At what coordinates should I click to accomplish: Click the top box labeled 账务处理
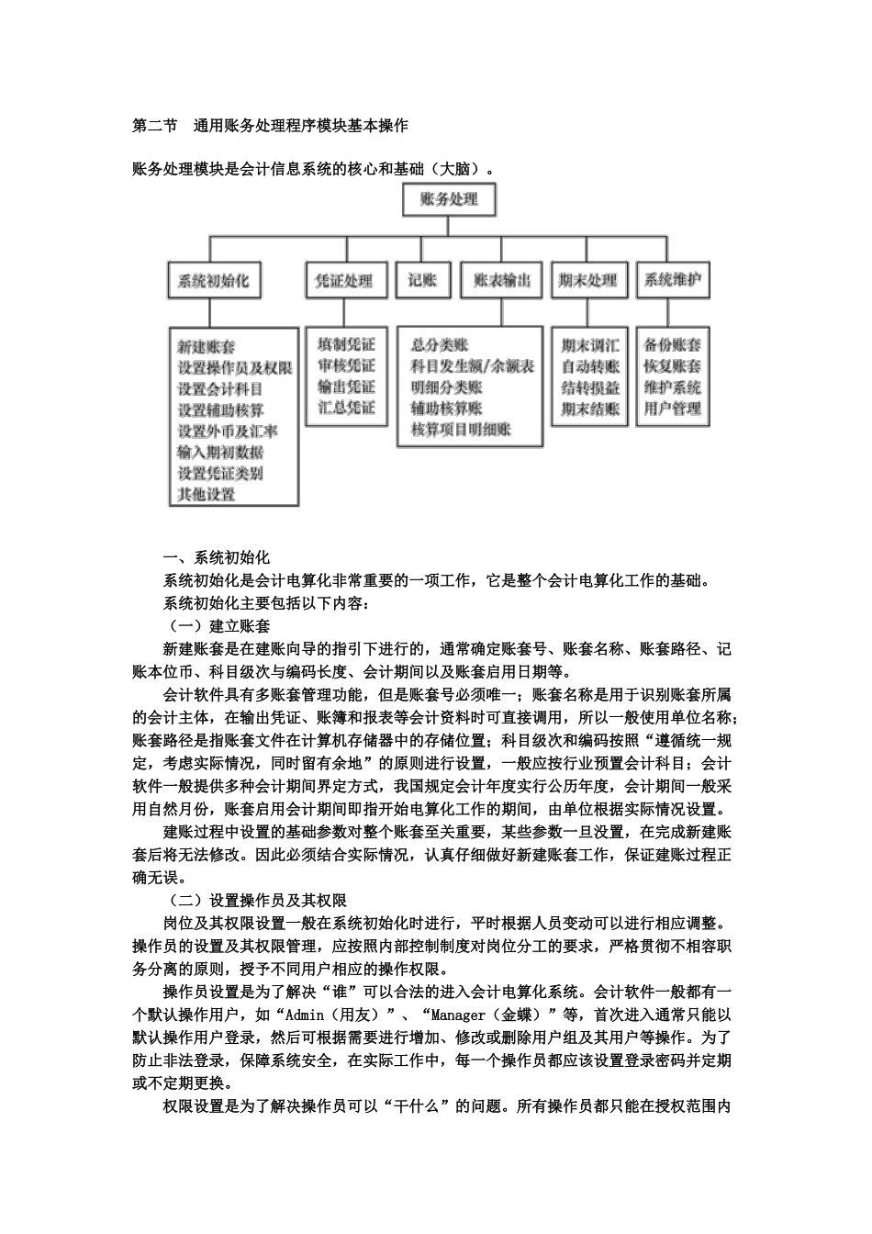coord(449,199)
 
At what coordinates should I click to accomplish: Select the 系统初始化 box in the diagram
coord(213,280)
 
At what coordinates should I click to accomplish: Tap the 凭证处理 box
coord(344,280)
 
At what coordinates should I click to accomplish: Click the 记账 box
coord(422,280)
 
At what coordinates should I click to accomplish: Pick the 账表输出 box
coord(501,280)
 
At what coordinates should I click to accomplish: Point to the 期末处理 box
coord(587,280)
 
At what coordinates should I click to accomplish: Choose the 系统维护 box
coord(673,280)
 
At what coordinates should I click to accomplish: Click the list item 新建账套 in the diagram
coord(206,347)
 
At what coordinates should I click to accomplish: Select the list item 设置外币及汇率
coord(227,431)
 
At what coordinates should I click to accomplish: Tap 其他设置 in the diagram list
coord(206,494)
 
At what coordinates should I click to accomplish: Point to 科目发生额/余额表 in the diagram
coord(472,365)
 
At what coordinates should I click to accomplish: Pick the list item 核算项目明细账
coord(461,429)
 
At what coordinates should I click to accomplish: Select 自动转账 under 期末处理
coord(590,366)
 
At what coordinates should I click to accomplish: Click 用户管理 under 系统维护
coord(673,409)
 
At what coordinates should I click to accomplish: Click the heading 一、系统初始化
coord(216,557)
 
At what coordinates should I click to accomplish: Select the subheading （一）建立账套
coord(217,626)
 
